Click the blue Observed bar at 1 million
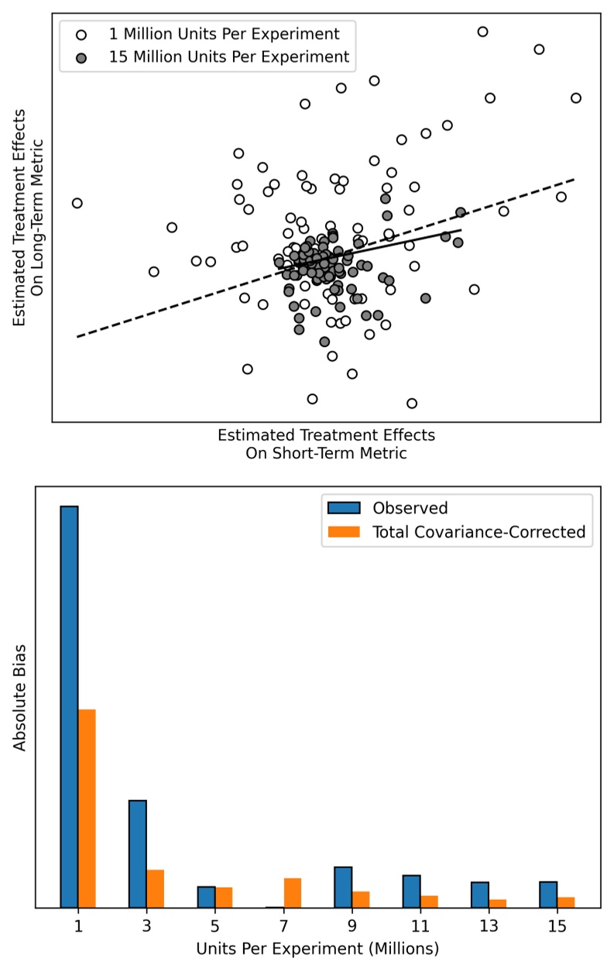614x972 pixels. coord(69,706)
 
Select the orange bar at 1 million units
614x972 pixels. coord(87,808)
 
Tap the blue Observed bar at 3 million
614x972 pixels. coord(138,854)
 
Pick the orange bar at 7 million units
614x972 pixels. coord(292,892)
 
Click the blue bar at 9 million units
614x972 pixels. coord(343,887)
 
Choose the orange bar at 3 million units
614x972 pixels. coord(155,888)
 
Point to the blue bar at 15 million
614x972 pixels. coord(548,895)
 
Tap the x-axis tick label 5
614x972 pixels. coord(214,926)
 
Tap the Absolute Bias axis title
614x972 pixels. coord(21,696)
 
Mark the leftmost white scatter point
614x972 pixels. coord(77,203)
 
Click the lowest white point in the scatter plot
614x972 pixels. coord(412,403)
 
